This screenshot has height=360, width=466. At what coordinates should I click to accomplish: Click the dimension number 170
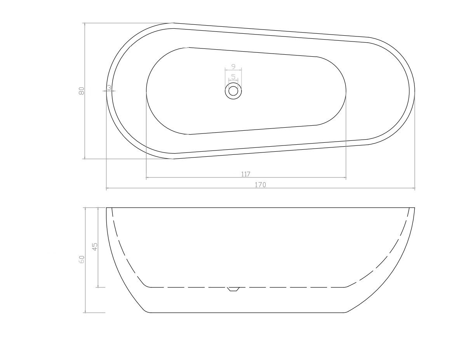[260, 185]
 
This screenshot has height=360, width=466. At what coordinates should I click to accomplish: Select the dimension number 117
[245, 174]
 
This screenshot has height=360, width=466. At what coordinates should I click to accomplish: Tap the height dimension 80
[82, 91]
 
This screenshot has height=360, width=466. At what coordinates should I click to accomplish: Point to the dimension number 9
[233, 67]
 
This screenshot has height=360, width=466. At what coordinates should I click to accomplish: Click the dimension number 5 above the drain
[233, 77]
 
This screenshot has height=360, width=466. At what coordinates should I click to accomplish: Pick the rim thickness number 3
[109, 87]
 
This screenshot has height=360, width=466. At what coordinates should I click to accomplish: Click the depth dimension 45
[95, 246]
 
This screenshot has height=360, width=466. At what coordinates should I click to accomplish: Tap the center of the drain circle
[233, 91]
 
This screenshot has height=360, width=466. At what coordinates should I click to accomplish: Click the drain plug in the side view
[233, 289]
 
